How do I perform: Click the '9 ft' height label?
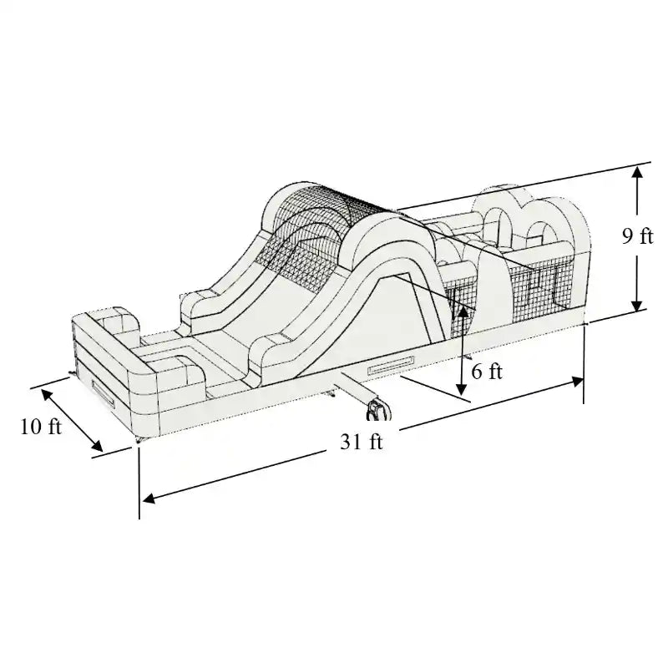click(x=637, y=237)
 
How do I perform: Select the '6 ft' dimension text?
click(x=487, y=372)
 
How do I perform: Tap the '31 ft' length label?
click(x=361, y=443)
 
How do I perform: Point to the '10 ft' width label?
click(x=41, y=427)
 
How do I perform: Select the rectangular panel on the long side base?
click(x=391, y=366)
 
